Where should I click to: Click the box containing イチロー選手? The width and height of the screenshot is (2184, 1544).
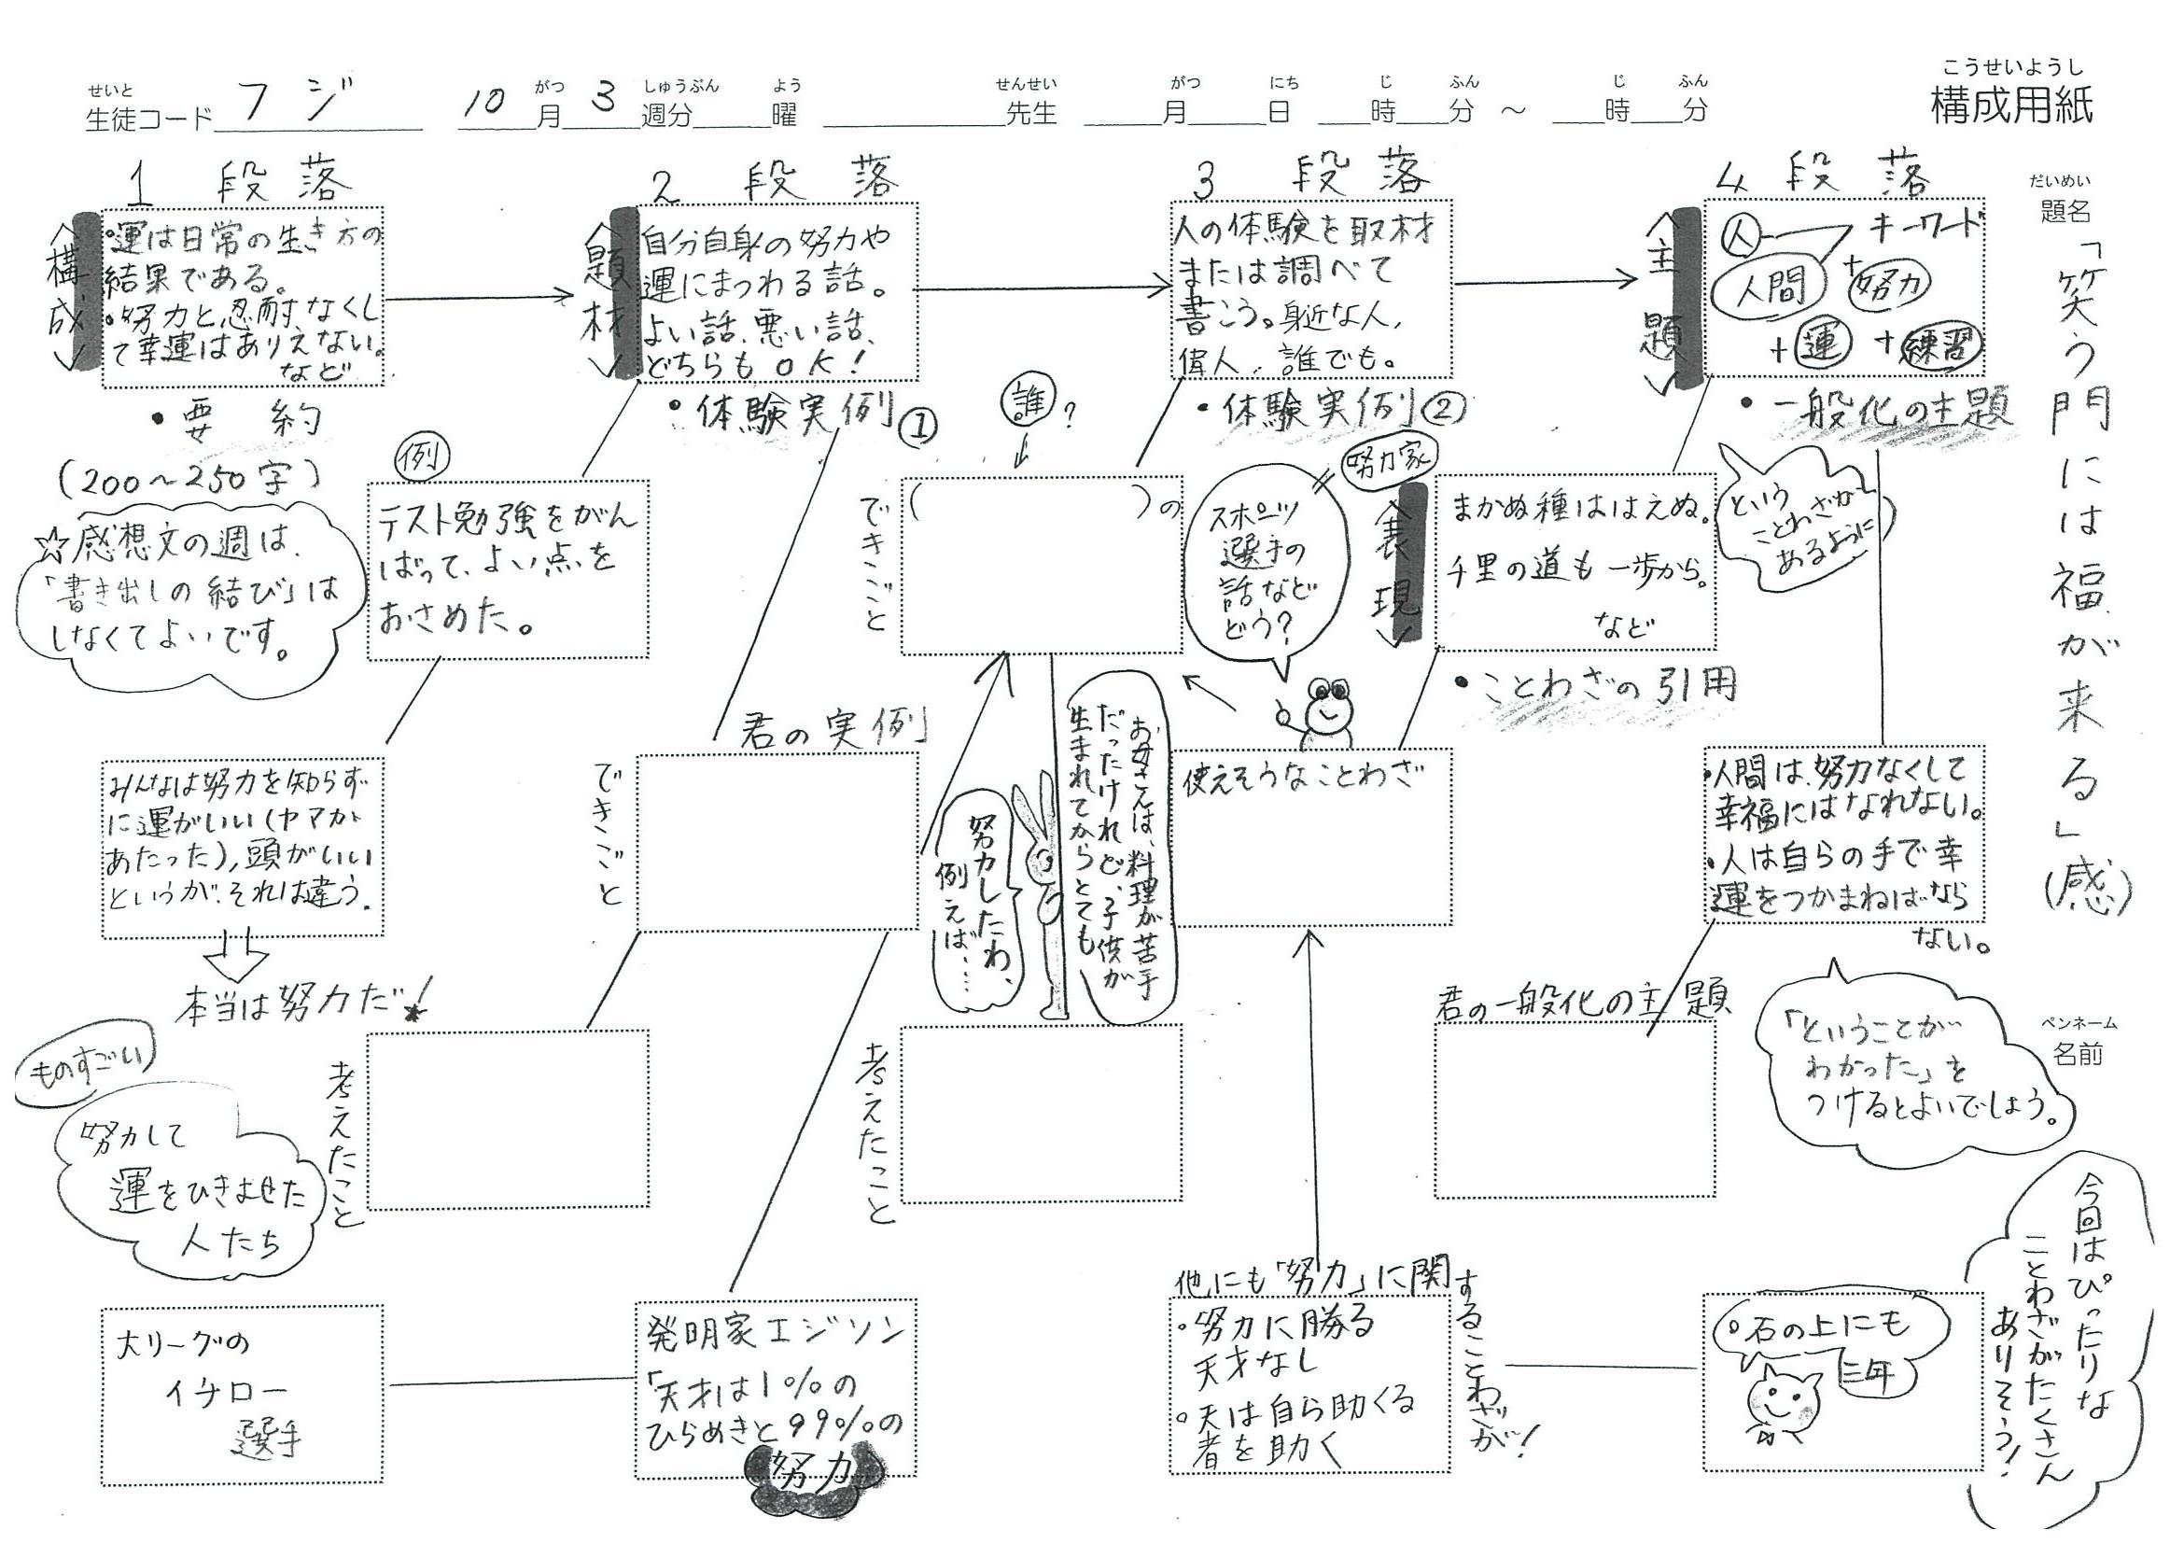coord(242,1395)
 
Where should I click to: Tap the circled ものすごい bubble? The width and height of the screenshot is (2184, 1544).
coord(87,1075)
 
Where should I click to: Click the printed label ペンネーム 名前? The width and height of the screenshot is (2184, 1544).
coord(2077,1041)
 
